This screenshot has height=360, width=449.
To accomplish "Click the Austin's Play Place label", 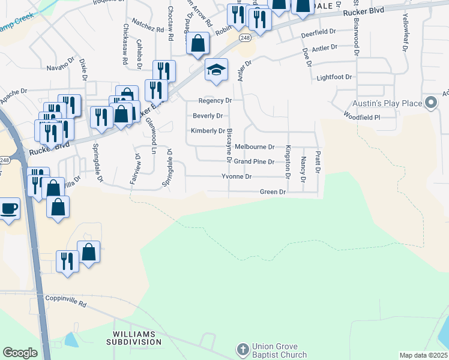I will pyautogui.click(x=387, y=104).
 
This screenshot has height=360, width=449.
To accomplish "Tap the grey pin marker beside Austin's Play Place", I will pyautogui.click(x=430, y=103).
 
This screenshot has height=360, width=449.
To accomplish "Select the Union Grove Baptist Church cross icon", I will pyautogui.click(x=242, y=349).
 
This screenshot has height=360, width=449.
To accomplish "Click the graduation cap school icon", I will pyautogui.click(x=216, y=70).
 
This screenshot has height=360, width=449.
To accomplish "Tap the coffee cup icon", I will pyautogui.click(x=9, y=209).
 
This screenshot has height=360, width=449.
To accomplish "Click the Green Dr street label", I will pyautogui.click(x=273, y=192).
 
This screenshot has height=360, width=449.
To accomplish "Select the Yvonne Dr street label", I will pyautogui.click(x=237, y=177).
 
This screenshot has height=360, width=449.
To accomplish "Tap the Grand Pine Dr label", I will pyautogui.click(x=254, y=162).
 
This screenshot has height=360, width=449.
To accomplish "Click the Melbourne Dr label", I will pyautogui.click(x=255, y=146).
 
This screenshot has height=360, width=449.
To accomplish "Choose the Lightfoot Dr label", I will pyautogui.click(x=334, y=77).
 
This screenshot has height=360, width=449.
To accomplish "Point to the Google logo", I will pyautogui.click(x=20, y=353).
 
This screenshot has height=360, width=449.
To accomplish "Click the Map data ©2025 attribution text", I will pyautogui.click(x=423, y=355).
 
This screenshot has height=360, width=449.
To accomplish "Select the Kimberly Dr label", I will pyautogui.click(x=208, y=131).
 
